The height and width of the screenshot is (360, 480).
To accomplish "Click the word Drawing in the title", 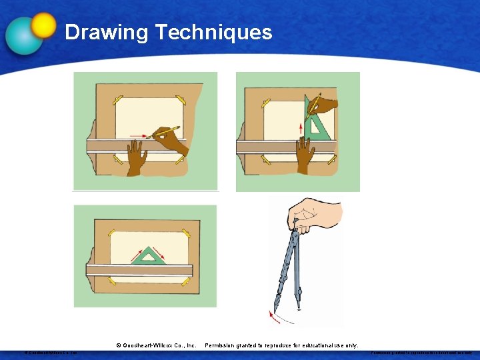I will (106, 32).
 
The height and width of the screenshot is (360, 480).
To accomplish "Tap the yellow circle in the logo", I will (44, 25).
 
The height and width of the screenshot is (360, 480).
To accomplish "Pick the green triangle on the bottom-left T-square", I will (151, 255).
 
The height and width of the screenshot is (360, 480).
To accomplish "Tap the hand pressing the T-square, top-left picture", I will (137, 160).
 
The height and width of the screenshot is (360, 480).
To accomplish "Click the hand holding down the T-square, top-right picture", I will (305, 155).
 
